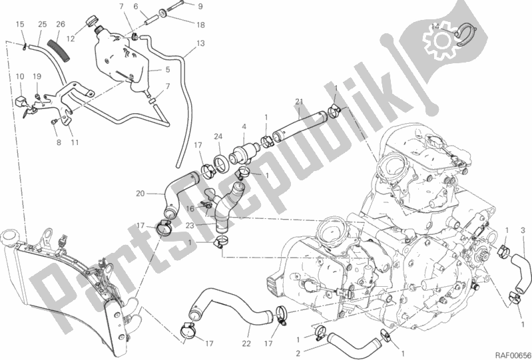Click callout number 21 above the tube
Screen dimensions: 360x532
click(x=299, y=101)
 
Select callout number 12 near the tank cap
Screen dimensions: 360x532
click(x=70, y=39)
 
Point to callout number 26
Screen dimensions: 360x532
click(x=61, y=25)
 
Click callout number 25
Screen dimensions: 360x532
click(x=42, y=25)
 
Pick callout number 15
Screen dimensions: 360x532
click(x=20, y=25)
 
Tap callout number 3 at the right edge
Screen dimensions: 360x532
click(x=523, y=230)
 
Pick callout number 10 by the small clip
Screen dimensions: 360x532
click(x=20, y=77)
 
